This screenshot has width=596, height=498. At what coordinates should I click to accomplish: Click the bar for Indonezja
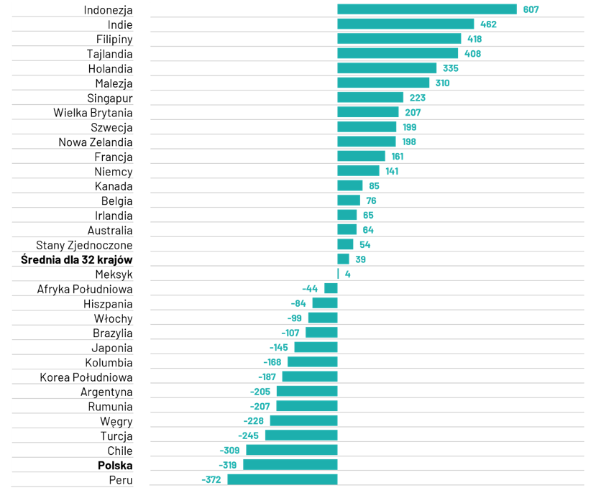click(427, 9)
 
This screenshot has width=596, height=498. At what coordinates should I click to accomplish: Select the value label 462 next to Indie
click(488, 24)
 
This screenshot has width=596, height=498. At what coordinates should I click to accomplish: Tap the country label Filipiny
click(114, 39)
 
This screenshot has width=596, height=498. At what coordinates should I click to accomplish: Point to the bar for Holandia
click(387, 68)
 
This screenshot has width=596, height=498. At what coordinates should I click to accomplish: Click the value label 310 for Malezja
click(442, 83)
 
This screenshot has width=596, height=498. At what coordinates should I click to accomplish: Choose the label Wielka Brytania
click(93, 113)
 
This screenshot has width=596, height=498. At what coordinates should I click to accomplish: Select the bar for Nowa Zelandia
click(367, 142)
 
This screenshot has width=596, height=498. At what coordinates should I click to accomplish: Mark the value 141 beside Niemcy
click(392, 171)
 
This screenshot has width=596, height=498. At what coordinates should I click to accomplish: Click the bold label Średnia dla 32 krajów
click(77, 259)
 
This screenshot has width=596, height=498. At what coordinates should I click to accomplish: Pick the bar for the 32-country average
click(344, 259)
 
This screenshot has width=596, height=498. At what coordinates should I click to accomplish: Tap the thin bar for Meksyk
click(338, 274)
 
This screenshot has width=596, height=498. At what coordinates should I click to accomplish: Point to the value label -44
click(311, 289)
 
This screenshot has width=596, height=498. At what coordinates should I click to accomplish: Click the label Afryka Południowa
click(85, 289)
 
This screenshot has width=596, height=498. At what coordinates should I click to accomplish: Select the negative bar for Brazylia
click(321, 333)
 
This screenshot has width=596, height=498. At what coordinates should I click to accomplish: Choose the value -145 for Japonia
click(281, 348)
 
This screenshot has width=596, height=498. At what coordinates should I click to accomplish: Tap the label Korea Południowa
click(86, 377)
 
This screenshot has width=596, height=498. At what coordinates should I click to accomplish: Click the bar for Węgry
click(303, 421)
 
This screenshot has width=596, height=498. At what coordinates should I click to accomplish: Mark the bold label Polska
click(115, 466)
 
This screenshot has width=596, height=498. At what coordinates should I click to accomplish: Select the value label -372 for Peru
click(212, 480)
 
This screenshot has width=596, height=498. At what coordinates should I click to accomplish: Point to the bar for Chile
click(291, 451)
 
